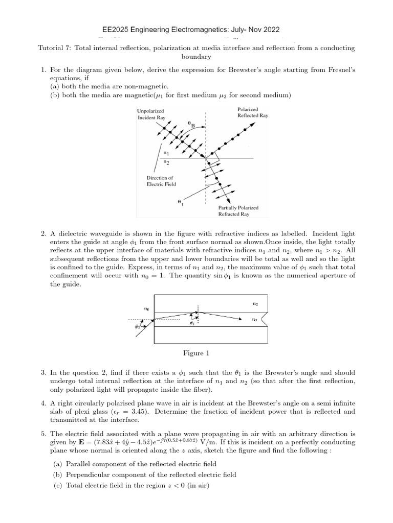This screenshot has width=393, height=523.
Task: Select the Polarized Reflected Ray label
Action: point(253,112)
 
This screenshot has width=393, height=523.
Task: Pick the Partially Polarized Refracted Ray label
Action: point(238,211)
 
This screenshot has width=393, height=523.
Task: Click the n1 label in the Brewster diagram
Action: point(166,153)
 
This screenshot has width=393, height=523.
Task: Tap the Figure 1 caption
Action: point(196,353)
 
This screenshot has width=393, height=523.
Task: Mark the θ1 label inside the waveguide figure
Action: point(192,323)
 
